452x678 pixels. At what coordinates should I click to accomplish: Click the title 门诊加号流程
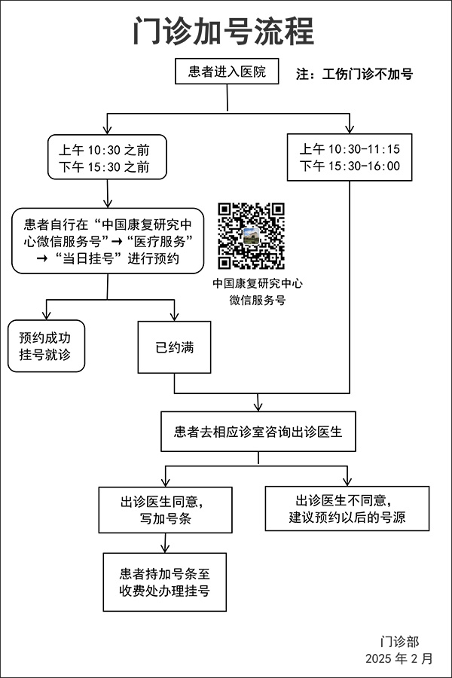(x=223, y=31)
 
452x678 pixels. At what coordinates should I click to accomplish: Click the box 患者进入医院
(x=227, y=72)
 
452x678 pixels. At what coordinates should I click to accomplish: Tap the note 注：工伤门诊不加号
(x=354, y=74)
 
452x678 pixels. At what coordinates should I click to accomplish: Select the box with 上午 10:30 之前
(x=107, y=157)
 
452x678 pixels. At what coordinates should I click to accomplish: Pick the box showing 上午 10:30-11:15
(x=350, y=157)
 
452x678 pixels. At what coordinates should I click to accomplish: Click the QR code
(x=251, y=236)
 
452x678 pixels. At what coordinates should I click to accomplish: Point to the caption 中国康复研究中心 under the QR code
(x=258, y=283)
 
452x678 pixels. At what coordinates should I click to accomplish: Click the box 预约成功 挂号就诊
(x=46, y=346)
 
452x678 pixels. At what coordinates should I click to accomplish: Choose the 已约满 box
(x=174, y=347)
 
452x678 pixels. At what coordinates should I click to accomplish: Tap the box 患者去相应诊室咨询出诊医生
(x=258, y=432)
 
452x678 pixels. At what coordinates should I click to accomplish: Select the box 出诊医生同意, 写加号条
(x=165, y=510)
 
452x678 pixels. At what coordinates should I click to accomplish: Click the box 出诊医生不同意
(x=347, y=508)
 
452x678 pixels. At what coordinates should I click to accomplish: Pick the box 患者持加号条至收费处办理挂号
(x=165, y=582)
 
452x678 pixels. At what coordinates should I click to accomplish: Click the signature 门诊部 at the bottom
(x=399, y=642)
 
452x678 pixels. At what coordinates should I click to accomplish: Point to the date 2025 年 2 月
(x=399, y=658)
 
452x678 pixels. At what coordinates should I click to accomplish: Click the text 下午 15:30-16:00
(x=350, y=166)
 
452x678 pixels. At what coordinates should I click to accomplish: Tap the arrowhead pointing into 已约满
(x=174, y=317)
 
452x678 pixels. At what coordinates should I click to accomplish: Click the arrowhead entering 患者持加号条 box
(x=165, y=548)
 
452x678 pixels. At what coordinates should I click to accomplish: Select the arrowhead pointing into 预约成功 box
(x=46, y=316)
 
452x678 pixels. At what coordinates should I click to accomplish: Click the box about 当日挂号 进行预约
(x=108, y=241)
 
